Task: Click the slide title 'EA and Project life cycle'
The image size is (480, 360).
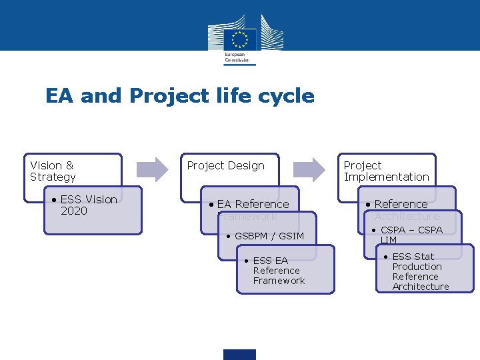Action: point(179,96)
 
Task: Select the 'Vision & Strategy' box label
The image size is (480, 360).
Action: point(53,171)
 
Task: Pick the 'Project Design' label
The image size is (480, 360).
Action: point(225,165)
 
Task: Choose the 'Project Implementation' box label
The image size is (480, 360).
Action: point(386,171)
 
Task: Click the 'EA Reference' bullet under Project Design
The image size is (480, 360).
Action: point(253,204)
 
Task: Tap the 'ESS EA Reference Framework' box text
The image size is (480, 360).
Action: point(278,271)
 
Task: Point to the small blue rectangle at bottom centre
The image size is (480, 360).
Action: point(239,354)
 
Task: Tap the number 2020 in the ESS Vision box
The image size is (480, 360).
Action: point(73,211)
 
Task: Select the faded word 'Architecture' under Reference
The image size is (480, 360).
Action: point(407,217)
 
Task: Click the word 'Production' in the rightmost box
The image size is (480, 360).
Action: point(417,267)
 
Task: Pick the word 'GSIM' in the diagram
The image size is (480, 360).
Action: point(291,236)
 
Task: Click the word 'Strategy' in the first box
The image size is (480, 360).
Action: point(53,177)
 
